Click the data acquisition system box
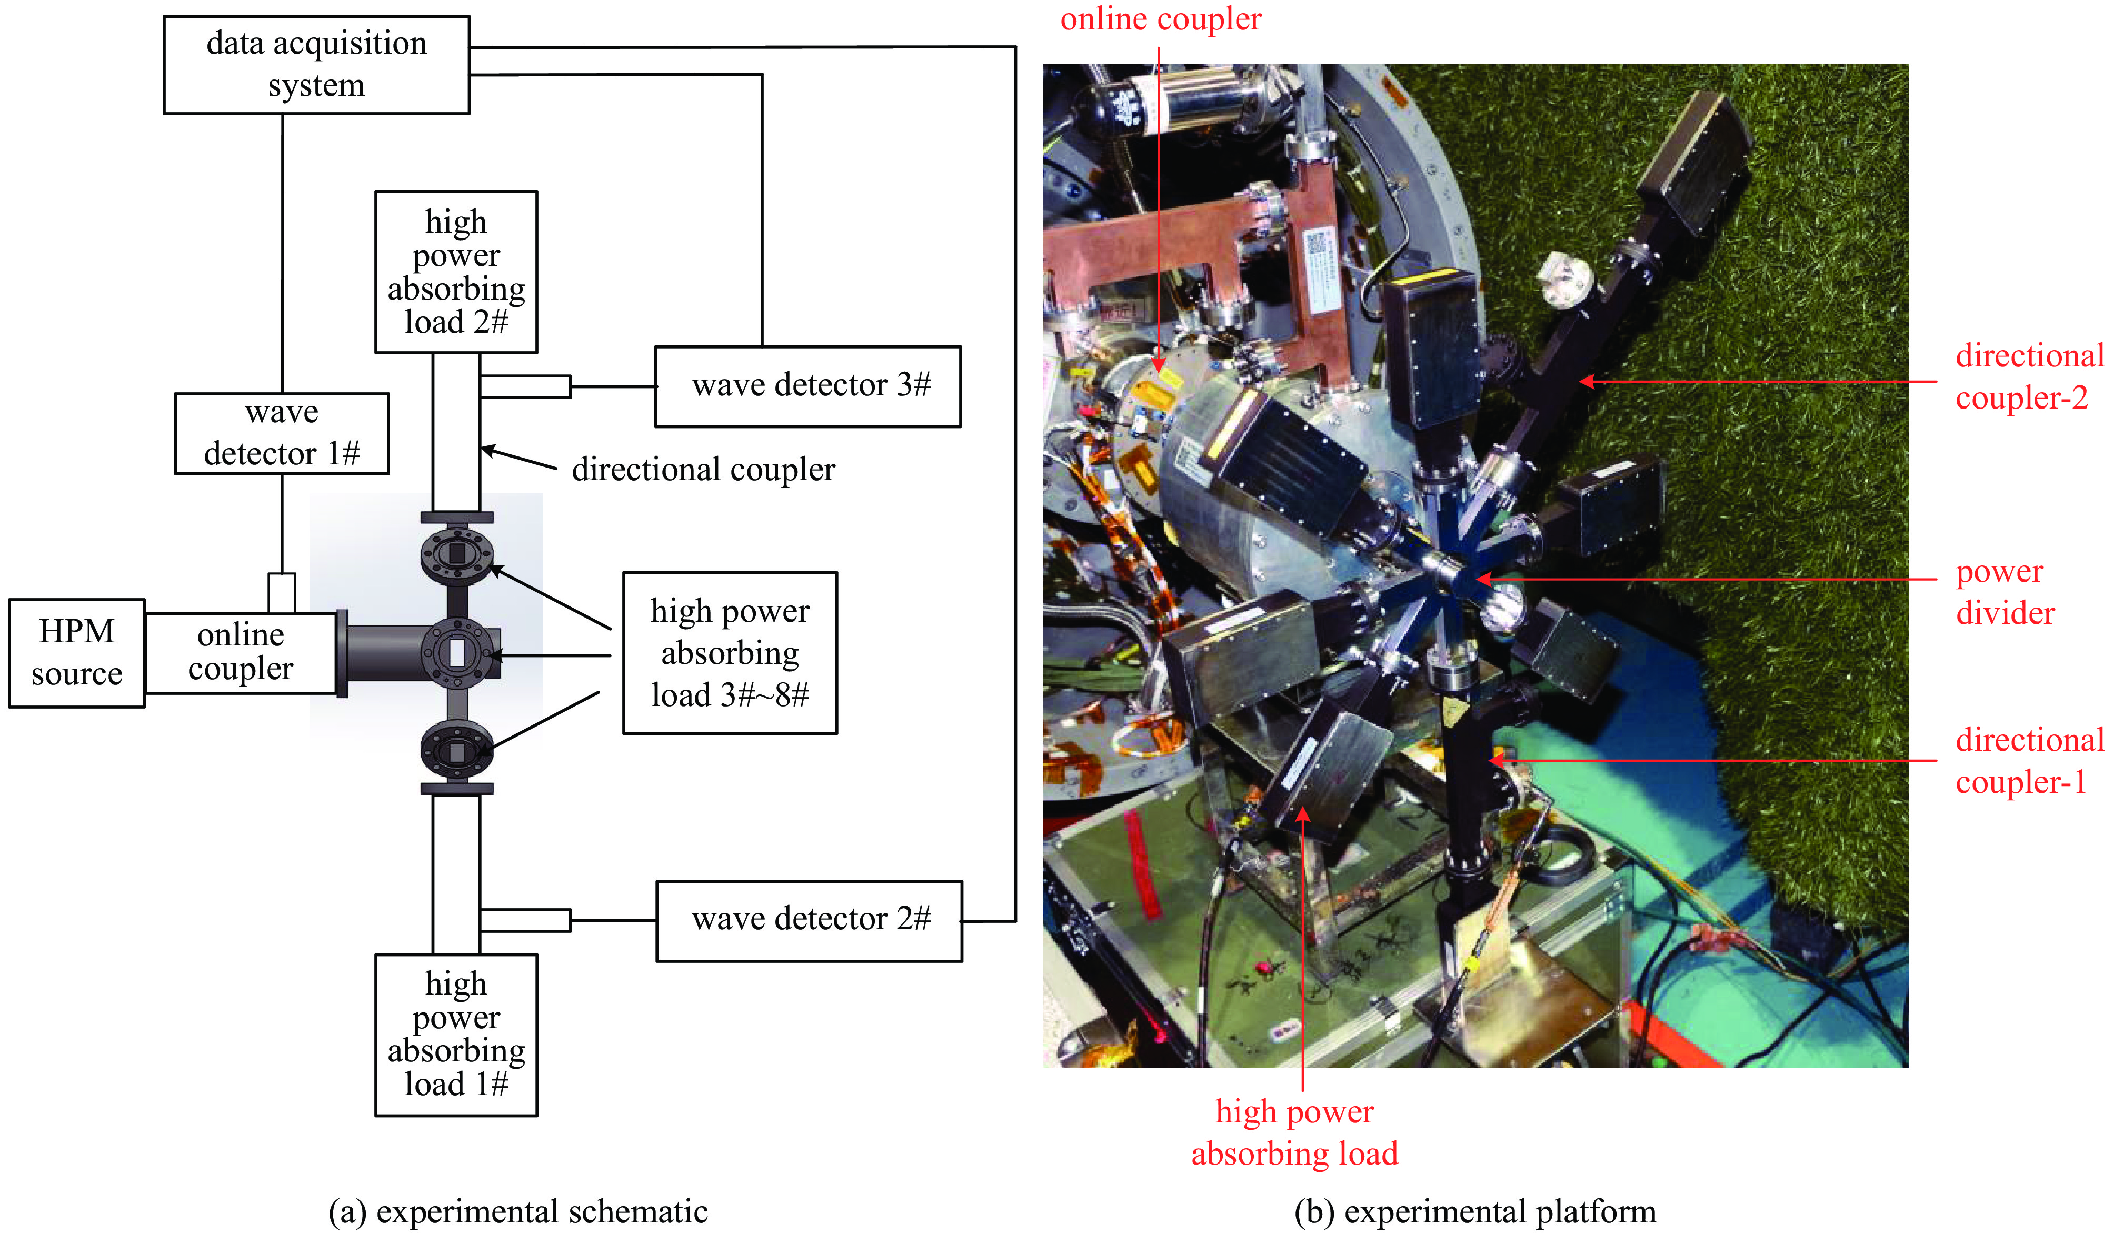tap(316, 65)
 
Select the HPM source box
tap(76, 653)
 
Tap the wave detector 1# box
tap(282, 434)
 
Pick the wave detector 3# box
tap(808, 386)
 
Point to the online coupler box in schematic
tap(241, 653)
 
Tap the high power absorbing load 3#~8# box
tap(730, 653)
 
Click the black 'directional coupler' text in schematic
tap(703, 470)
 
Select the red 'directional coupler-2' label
tap(2028, 376)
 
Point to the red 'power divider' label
tap(2005, 592)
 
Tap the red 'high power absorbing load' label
tap(1294, 1132)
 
